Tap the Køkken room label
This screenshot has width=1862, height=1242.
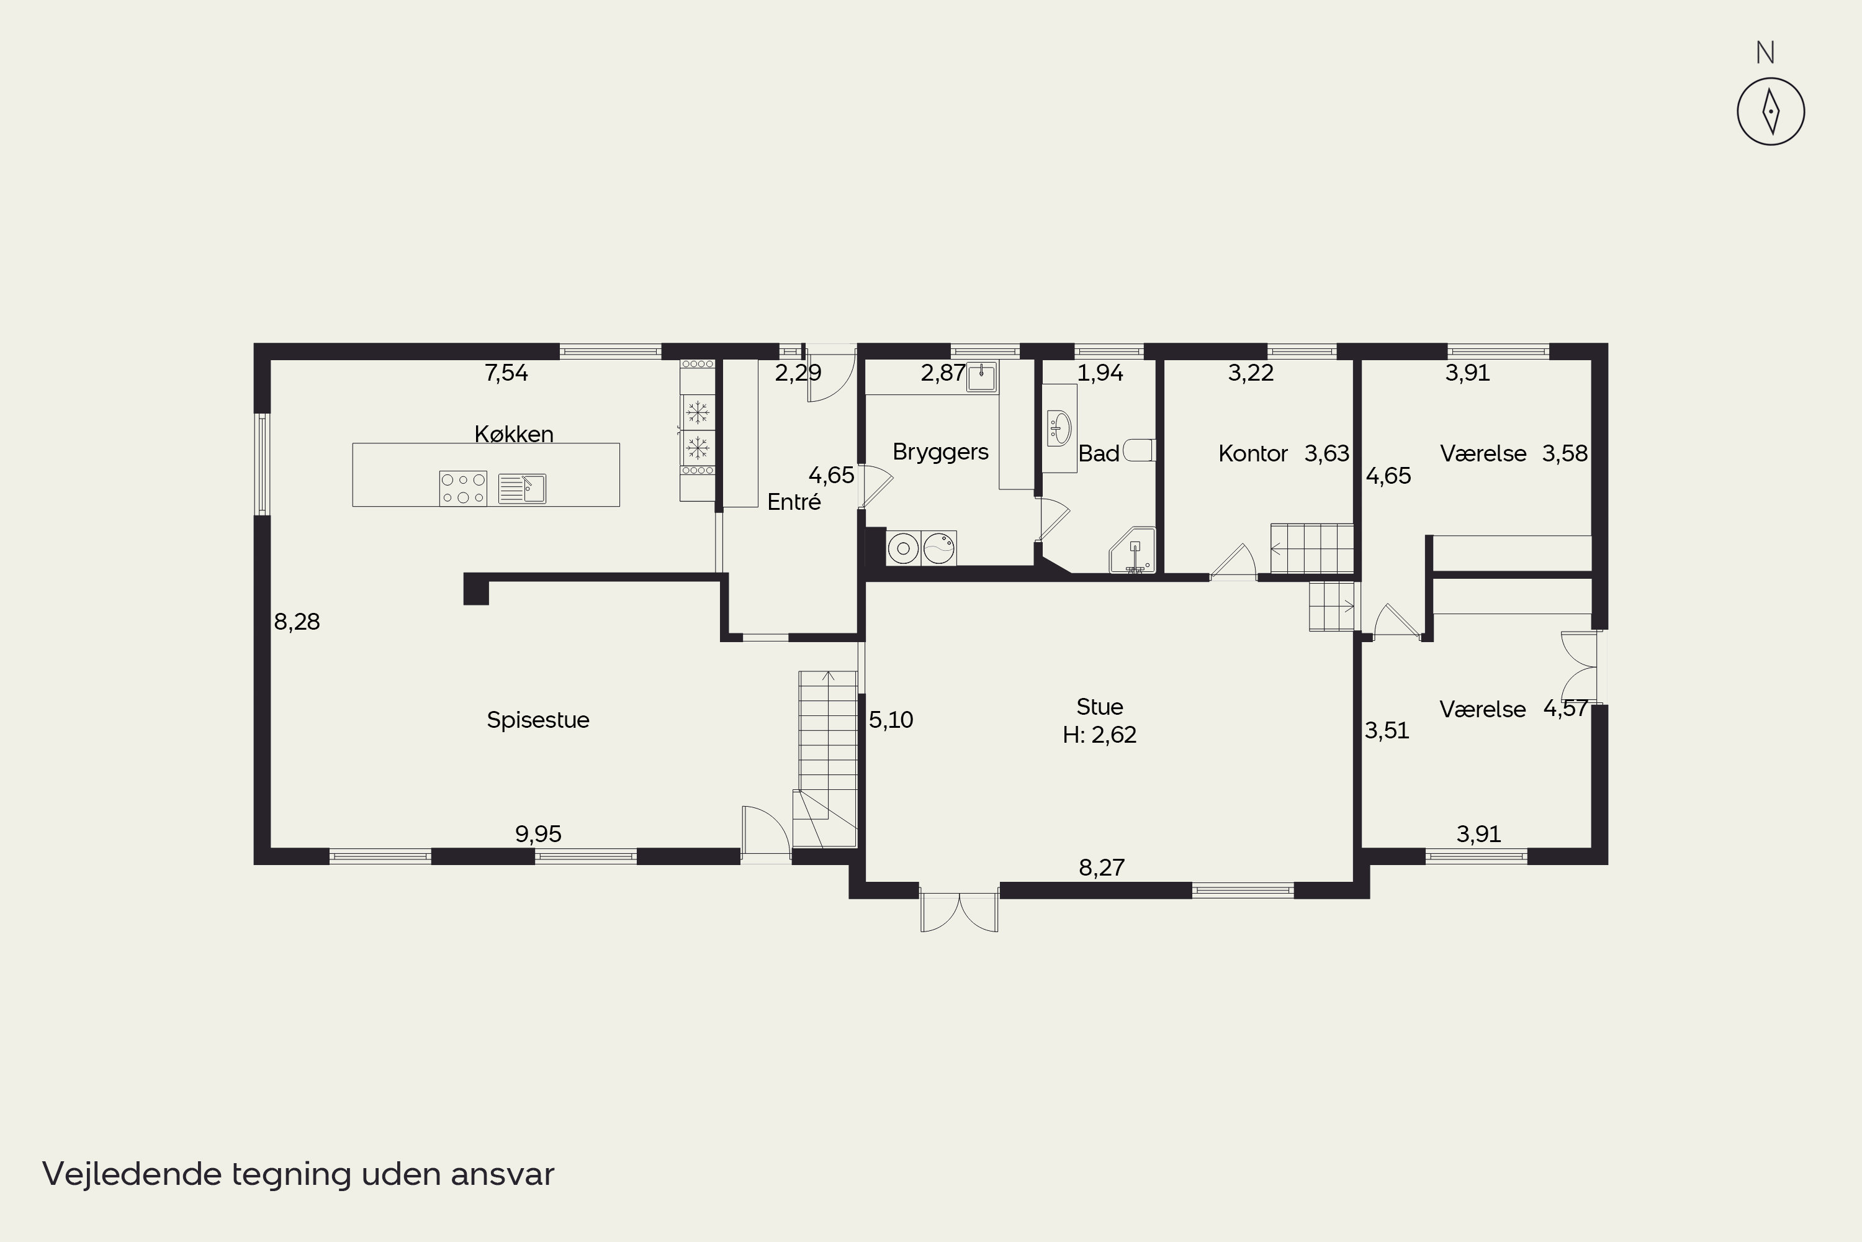point(514,434)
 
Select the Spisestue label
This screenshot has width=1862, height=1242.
point(538,720)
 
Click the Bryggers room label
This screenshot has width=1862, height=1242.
point(940,452)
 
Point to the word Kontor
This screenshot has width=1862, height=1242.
point(1253,454)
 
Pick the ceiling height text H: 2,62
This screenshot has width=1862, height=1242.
point(1100,735)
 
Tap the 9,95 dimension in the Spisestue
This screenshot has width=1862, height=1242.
point(538,834)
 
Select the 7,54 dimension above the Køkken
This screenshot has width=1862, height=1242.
point(506,373)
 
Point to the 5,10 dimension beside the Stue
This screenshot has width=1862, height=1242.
point(891,720)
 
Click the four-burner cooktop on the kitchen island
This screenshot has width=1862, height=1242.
point(463,488)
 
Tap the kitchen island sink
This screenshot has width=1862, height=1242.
point(522,489)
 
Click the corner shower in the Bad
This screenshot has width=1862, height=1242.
point(1132,550)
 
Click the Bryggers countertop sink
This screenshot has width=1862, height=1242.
point(982,376)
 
